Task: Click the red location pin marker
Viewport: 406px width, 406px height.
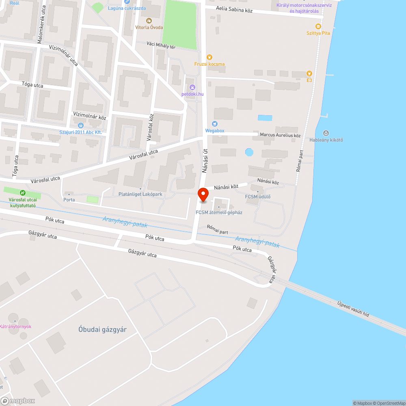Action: (x=203, y=194)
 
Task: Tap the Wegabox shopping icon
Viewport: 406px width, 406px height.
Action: (x=215, y=124)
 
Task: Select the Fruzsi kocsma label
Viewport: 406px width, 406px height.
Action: (x=209, y=64)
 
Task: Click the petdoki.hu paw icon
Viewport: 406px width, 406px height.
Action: (x=192, y=87)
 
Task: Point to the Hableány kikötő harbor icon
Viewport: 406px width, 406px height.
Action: (x=326, y=133)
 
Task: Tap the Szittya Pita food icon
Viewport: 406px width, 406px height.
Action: (x=318, y=26)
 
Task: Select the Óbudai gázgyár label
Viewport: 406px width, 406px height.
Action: (x=102, y=329)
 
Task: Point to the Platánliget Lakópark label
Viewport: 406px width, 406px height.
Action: (x=140, y=194)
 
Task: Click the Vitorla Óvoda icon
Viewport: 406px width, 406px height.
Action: (x=149, y=20)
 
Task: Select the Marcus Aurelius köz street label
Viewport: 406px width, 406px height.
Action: (x=280, y=135)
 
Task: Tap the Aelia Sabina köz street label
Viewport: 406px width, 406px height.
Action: (x=229, y=10)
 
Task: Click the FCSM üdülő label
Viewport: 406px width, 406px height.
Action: (x=257, y=197)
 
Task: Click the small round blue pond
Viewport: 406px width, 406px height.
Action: (x=249, y=152)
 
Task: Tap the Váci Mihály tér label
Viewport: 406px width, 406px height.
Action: (x=161, y=47)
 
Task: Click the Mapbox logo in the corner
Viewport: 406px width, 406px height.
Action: (x=18, y=400)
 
